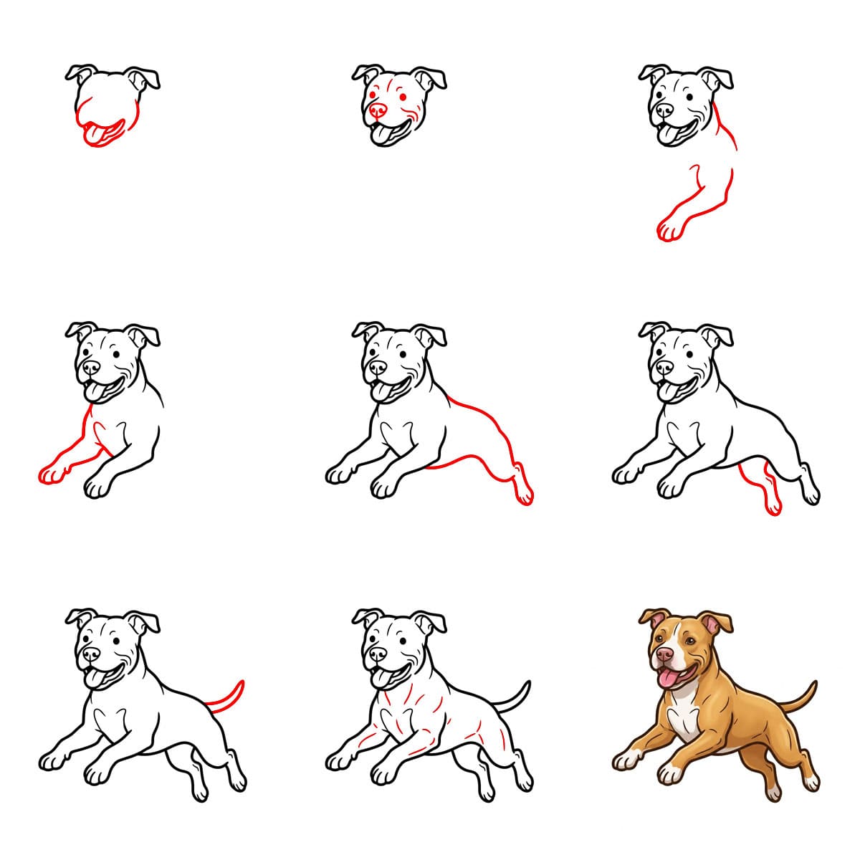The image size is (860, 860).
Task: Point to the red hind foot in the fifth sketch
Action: pyautogui.click(x=524, y=491)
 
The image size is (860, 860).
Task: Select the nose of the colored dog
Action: pyautogui.click(x=664, y=654)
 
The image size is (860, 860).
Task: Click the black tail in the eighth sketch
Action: pyautogui.click(x=516, y=699)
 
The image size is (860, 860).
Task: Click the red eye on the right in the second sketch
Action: pyautogui.click(x=403, y=97)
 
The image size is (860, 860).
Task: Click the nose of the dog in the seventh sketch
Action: pyautogui.click(x=91, y=654)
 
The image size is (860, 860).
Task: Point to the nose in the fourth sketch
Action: pyautogui.click(x=91, y=367)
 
